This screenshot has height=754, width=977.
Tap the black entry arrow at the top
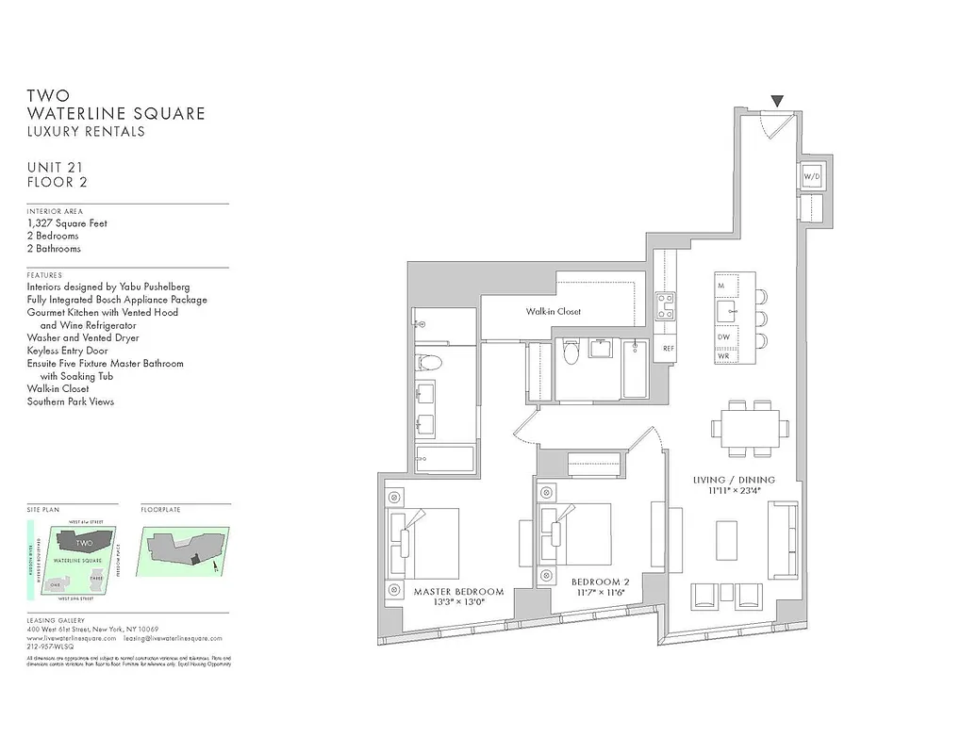tap(777, 101)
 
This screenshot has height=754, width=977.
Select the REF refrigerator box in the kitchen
tap(668, 349)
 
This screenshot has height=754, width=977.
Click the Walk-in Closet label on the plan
tap(554, 311)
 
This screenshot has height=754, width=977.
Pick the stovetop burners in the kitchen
tap(666, 303)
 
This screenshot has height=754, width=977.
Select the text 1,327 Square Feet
tap(67, 223)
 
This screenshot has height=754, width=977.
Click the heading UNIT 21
tap(54, 167)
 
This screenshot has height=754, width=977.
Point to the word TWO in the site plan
tap(84, 543)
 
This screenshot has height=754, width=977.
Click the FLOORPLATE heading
tap(160, 510)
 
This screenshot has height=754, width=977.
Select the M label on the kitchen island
tap(720, 284)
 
